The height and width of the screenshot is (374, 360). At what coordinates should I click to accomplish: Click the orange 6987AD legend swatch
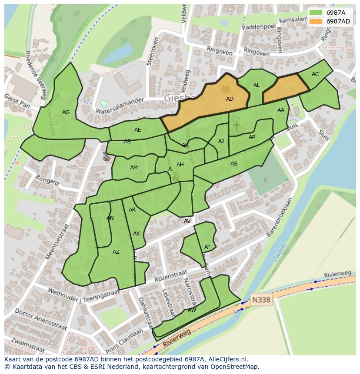[x=316, y=21]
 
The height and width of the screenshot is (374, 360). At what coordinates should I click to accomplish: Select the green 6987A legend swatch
[x=316, y=13]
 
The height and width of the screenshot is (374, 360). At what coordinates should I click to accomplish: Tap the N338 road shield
[x=261, y=300]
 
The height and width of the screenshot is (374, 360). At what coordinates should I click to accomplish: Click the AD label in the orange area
[x=230, y=99]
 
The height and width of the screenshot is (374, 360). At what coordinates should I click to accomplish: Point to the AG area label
[x=66, y=113]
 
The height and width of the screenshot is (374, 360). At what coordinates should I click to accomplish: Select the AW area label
[x=192, y=310]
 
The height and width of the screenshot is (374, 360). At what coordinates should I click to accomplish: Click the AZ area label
[x=116, y=252]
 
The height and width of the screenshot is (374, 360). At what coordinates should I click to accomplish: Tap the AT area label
[x=207, y=247]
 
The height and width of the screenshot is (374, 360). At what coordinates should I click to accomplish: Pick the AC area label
[x=315, y=74]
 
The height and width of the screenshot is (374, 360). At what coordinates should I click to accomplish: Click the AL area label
[x=257, y=85]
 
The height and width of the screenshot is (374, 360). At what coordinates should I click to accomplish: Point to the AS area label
[x=234, y=164]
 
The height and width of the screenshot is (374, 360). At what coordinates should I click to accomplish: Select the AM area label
[x=134, y=168]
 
